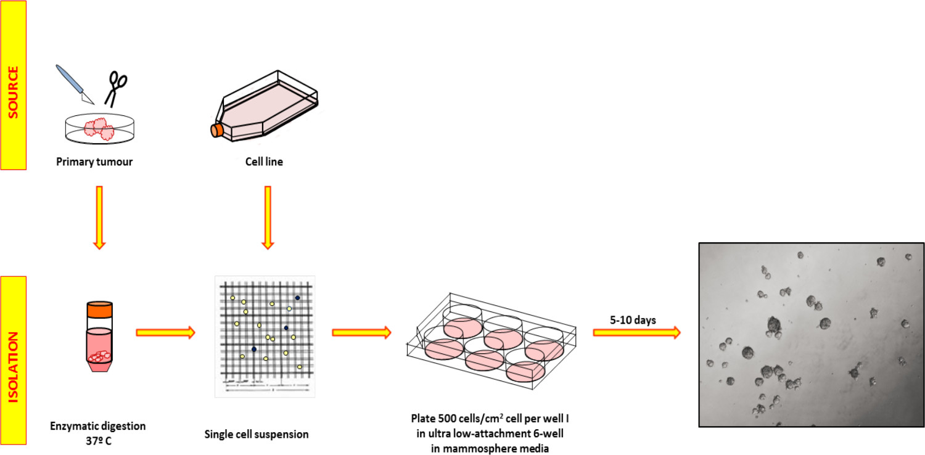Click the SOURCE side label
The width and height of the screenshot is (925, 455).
coord(13,85)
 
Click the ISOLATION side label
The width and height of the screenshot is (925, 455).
coord(13,359)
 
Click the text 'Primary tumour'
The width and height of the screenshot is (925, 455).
coord(95,162)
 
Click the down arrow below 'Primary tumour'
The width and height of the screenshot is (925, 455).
coord(100,217)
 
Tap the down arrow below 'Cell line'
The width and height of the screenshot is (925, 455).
coord(268,217)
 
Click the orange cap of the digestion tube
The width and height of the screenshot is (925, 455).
coord(100,309)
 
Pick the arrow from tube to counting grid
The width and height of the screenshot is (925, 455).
coord(165,332)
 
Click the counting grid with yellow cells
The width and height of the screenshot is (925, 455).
coord(265,336)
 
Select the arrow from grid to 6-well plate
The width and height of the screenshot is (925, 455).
coord(362,332)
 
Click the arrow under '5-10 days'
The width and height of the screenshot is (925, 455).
coord(637,332)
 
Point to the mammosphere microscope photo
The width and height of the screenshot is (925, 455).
coord(811,334)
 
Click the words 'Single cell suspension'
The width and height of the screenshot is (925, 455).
coord(257,434)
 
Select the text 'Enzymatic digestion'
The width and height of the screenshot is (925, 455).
coord(99,425)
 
